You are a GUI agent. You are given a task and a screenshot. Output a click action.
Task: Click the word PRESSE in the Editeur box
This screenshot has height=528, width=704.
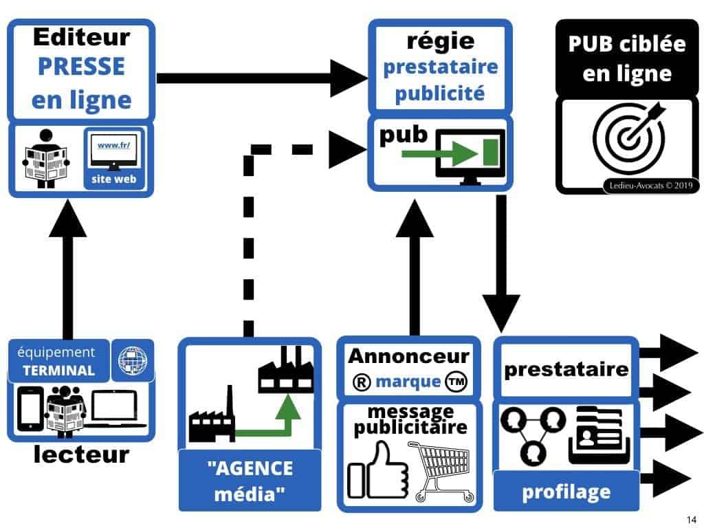[81, 67]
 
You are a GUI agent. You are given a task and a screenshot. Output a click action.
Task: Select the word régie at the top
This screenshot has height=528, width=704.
[441, 41]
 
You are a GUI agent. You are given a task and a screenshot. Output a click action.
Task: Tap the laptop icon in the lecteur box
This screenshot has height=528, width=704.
[120, 410]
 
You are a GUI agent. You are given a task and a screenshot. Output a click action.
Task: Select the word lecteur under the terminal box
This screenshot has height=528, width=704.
[81, 454]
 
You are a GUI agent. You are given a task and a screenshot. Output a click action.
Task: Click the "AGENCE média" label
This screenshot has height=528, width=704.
[250, 480]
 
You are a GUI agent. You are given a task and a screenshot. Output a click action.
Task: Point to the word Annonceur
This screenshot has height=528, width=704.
[408, 356]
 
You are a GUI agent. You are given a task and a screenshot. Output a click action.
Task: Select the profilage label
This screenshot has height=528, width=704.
[566, 492]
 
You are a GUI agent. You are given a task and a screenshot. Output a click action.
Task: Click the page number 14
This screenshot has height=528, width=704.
[691, 519]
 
